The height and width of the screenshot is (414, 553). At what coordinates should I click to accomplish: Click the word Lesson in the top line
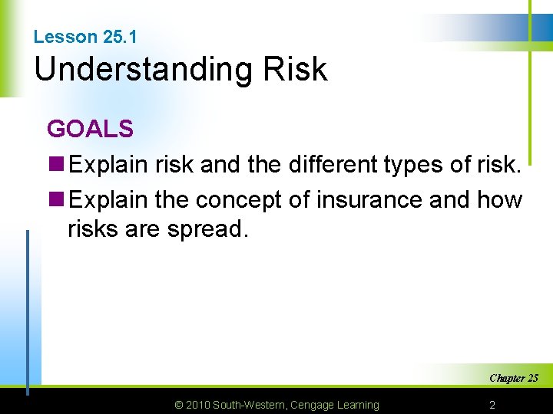coord(65,37)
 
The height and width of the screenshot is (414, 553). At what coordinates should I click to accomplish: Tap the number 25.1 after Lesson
coord(118,37)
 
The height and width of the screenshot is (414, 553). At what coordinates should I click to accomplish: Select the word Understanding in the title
coord(141,70)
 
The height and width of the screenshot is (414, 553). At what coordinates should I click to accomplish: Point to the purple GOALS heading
coord(90,129)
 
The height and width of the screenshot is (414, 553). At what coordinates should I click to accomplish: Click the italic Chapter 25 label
coord(513,378)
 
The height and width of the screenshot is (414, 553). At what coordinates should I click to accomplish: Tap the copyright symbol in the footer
coord(178,405)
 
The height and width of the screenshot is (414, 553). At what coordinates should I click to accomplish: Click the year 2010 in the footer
coord(198,405)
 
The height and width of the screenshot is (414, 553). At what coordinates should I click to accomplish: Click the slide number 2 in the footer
coord(492,405)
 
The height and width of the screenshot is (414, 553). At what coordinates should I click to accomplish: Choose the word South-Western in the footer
coord(250,405)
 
